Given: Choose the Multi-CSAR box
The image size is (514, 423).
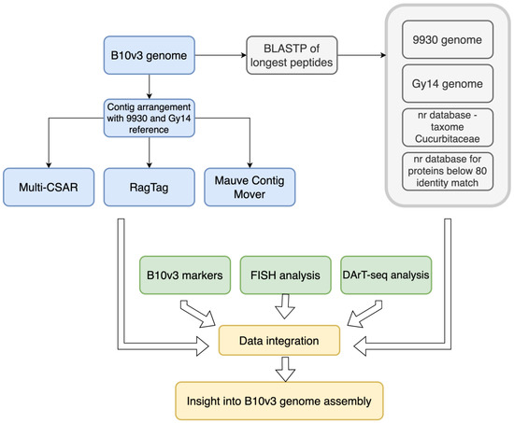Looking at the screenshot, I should [x=46, y=188].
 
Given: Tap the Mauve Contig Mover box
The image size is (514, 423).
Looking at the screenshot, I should [x=251, y=188].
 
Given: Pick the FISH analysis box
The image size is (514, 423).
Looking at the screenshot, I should [x=284, y=275].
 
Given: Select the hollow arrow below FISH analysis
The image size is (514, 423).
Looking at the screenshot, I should [x=284, y=307].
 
